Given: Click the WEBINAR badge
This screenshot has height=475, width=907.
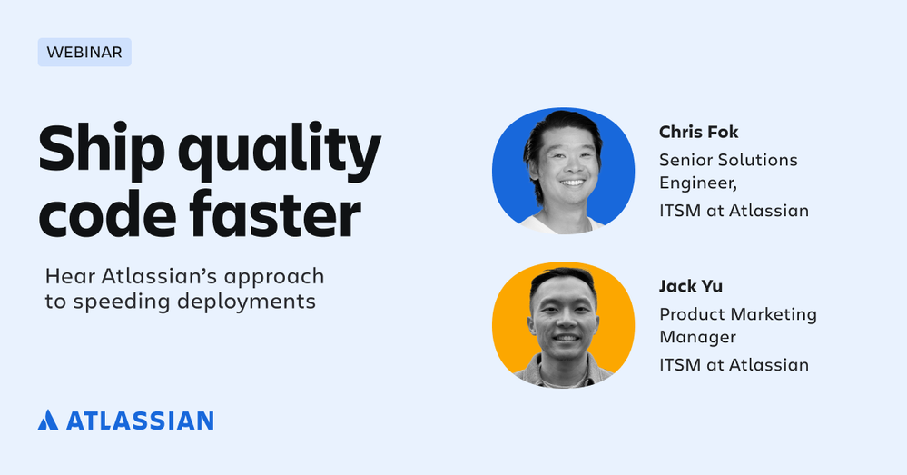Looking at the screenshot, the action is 84,52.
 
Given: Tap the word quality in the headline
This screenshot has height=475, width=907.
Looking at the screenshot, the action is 280,152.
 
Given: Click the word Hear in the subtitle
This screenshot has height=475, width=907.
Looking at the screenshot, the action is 69,276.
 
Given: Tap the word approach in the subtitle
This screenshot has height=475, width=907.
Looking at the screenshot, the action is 274,277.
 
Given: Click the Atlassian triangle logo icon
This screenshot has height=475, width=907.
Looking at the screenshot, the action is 48,420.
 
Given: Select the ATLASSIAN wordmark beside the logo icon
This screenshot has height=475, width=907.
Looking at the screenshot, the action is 140,421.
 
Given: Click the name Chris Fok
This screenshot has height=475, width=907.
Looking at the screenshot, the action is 699,132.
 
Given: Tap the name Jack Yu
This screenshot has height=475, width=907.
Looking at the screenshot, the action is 691,286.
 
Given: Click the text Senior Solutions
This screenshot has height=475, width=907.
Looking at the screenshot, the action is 728,160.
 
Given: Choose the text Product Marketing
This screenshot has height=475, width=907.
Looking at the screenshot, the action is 738,315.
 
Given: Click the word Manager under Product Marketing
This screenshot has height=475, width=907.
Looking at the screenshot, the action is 697,337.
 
